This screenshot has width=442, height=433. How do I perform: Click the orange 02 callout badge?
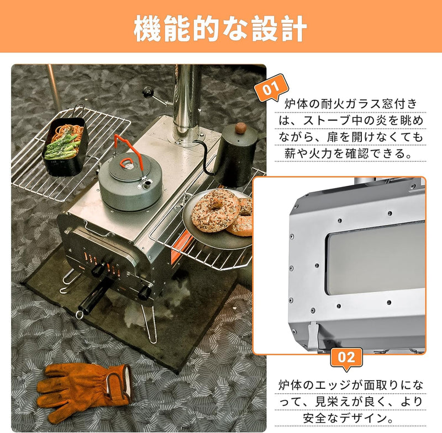tap(346, 356)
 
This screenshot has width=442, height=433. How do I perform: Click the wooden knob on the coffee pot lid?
tap(241, 129)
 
